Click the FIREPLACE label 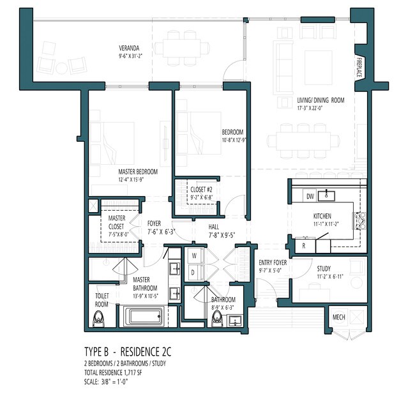click(359, 67)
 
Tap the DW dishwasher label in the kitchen click(310, 197)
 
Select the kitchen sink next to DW click(326, 196)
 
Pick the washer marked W click(195, 255)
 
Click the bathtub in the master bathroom click(143, 316)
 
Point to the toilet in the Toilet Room click(98, 319)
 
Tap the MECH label click(339, 317)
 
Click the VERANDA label click(129, 48)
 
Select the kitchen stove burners click(360, 220)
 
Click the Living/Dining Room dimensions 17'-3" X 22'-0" click(310, 108)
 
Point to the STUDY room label click(324, 269)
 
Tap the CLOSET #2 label click(201, 190)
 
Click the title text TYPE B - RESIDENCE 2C click(128, 352)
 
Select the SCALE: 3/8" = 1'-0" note click(106, 382)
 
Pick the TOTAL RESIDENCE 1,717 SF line click(113, 373)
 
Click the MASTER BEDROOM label click(138, 172)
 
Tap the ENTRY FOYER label click(273, 263)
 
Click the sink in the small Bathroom click(234, 321)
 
